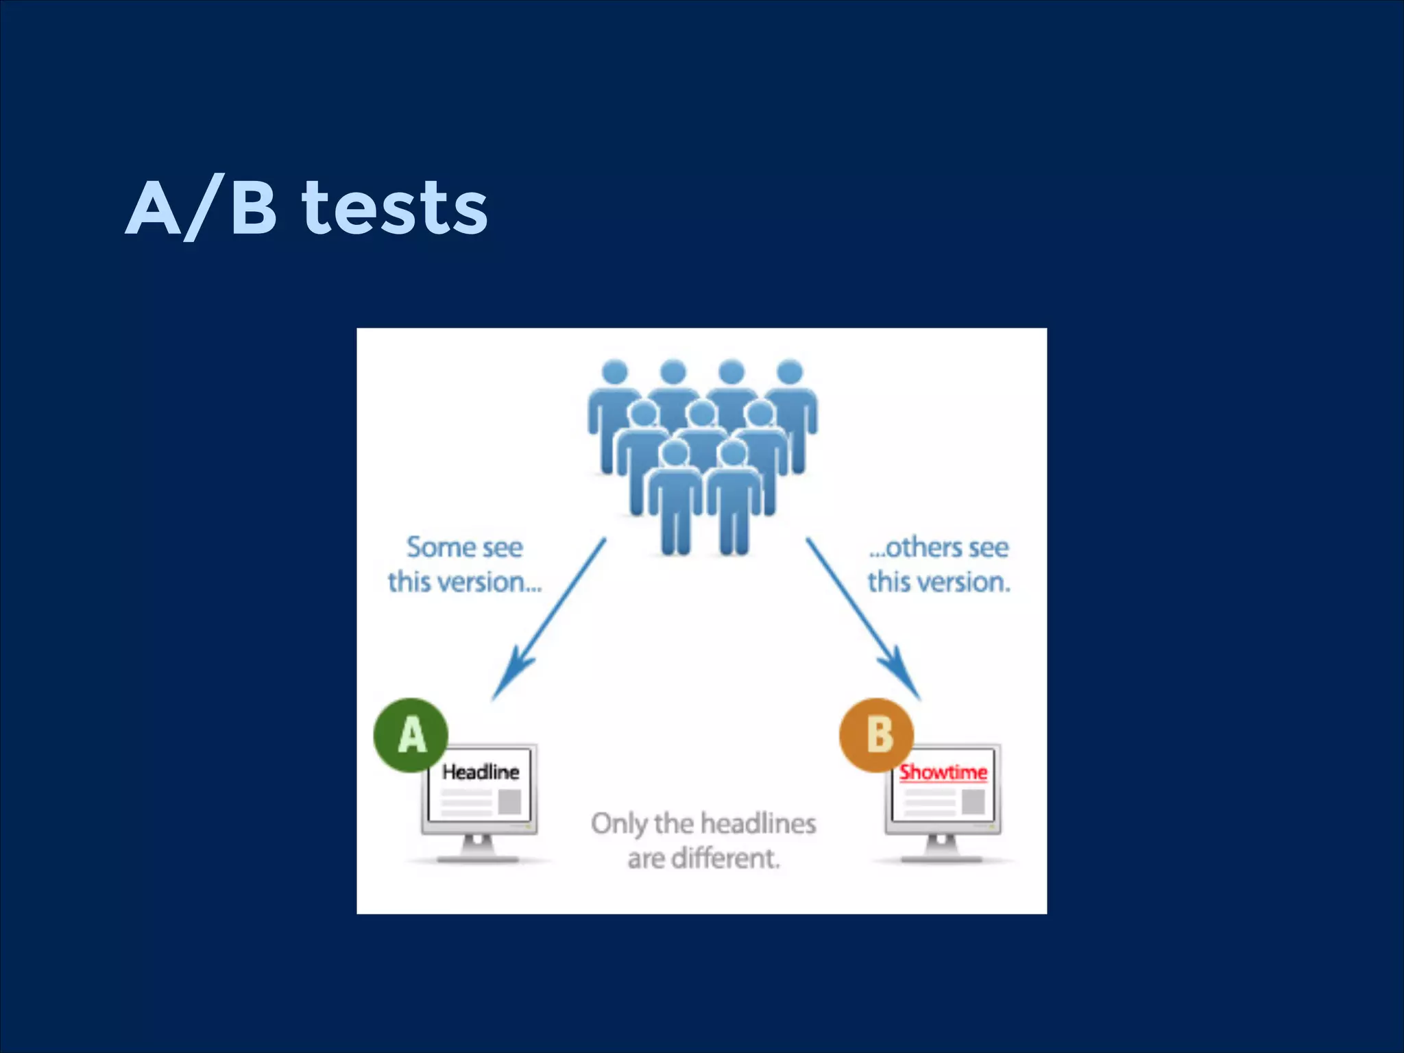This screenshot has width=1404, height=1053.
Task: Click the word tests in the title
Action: (x=395, y=207)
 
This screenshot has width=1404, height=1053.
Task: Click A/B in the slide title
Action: (x=202, y=207)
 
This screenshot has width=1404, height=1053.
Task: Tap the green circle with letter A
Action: (x=411, y=735)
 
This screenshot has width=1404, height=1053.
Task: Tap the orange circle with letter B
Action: (x=877, y=735)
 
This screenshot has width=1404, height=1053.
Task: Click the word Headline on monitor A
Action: (x=481, y=772)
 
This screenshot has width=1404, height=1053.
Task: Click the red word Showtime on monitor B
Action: (x=943, y=772)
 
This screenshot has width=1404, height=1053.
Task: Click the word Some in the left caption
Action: (x=434, y=548)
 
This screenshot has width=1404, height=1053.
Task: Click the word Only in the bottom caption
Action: (x=618, y=823)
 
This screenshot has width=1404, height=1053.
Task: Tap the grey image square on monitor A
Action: (x=509, y=801)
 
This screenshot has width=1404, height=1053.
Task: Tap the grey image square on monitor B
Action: (x=973, y=801)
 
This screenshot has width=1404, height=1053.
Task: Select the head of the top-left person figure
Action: (x=614, y=372)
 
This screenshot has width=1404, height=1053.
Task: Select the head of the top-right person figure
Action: (x=790, y=372)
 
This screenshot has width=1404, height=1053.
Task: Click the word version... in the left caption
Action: (x=489, y=583)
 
